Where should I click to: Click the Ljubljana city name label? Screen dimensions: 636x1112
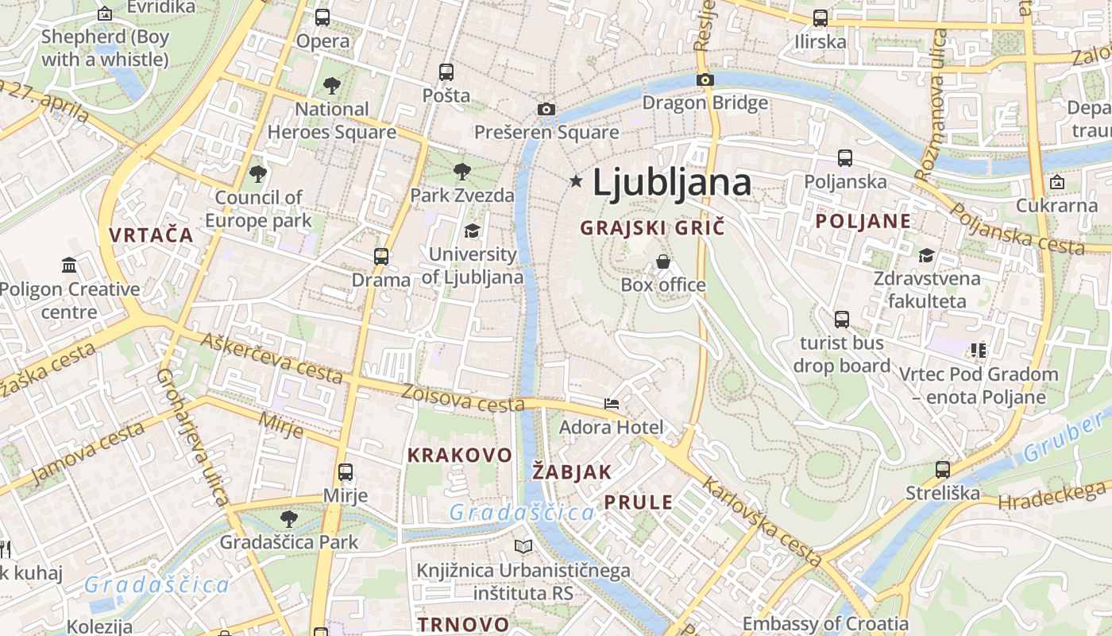(672, 183)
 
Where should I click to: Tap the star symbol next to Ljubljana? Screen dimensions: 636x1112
(576, 182)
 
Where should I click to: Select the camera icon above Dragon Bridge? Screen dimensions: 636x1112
(705, 79)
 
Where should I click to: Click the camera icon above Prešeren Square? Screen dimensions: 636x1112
(546, 109)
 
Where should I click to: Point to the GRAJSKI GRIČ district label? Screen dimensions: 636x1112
(652, 228)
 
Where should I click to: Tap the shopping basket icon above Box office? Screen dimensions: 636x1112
(663, 262)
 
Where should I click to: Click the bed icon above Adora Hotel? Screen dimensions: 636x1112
(611, 404)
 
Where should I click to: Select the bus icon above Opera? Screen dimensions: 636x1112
(322, 17)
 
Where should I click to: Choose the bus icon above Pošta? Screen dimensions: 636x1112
(446, 72)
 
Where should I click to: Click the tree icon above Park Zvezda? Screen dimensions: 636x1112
(461, 171)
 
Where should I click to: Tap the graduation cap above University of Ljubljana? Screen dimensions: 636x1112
(472, 231)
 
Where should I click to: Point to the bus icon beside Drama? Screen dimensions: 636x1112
(381, 257)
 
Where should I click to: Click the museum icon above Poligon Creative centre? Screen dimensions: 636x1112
(69, 265)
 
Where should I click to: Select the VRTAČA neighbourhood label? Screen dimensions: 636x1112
(152, 235)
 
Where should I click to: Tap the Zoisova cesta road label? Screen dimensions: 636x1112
(462, 398)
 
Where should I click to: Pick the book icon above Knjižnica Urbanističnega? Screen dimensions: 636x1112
(523, 546)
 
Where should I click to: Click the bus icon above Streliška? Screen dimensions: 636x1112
(943, 470)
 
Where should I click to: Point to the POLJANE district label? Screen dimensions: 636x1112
(863, 222)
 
